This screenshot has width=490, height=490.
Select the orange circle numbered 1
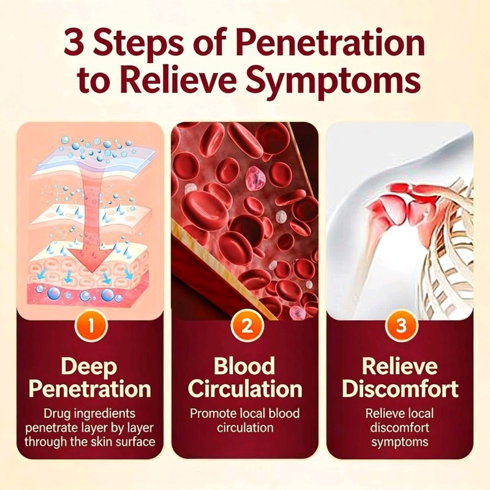point(91,325)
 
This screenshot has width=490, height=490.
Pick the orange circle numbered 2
point(247,325)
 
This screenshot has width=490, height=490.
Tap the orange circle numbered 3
point(401,325)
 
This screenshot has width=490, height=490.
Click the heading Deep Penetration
point(89,377)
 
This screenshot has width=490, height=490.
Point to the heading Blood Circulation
point(245,377)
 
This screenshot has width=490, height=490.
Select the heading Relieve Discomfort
point(401,377)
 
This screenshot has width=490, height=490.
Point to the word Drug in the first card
point(55,414)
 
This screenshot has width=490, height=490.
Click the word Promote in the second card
point(213,413)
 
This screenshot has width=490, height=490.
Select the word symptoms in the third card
point(400,442)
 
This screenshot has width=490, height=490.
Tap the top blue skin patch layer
point(94,159)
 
